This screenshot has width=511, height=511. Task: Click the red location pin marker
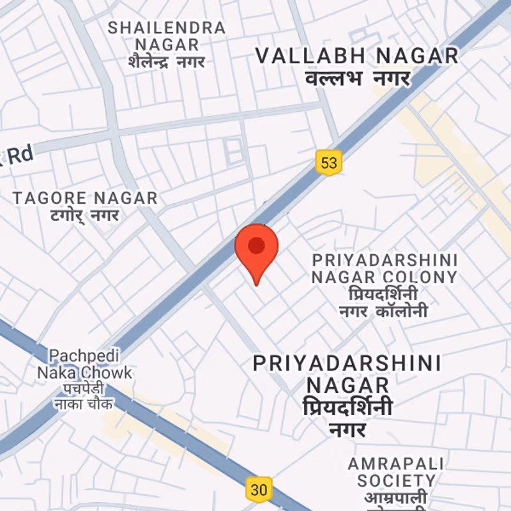coord(257,248)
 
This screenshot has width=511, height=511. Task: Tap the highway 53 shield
coord(328,162)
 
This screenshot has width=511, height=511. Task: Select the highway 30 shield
coord(259,490)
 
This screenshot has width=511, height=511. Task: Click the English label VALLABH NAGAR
coord(357,56)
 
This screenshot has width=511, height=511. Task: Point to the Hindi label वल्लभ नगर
coord(357,80)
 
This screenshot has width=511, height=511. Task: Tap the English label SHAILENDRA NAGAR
coord(167,36)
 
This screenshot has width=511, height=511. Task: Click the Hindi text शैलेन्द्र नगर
coord(167,62)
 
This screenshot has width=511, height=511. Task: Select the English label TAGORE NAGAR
coord(85,198)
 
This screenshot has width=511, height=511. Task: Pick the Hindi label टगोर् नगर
coord(85,216)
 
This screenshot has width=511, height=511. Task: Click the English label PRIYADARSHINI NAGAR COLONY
coord(385,269)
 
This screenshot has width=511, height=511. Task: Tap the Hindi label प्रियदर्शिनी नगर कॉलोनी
coord(383,303)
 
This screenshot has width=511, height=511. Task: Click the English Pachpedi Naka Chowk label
coord(84,363)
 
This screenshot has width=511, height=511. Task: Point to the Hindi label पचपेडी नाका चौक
coord(84,396)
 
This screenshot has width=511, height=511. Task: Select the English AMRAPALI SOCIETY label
coord(396,471)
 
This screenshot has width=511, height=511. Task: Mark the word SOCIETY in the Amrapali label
coord(396,480)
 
